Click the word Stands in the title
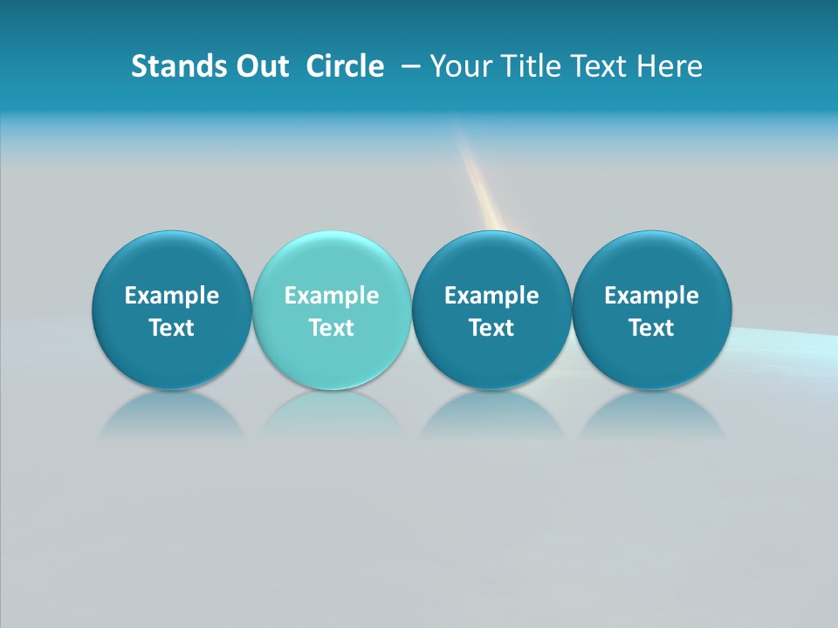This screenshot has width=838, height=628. click(173, 66)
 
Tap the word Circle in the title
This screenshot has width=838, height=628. click(345, 66)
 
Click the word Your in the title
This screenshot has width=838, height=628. click(460, 66)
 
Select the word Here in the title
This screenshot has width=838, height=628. click(670, 66)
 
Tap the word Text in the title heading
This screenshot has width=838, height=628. click(598, 66)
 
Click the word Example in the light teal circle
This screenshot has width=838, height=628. click(332, 296)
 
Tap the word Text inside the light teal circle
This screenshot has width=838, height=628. click(332, 328)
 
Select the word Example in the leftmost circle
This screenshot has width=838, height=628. click(172, 296)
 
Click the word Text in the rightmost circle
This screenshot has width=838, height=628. click(652, 328)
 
